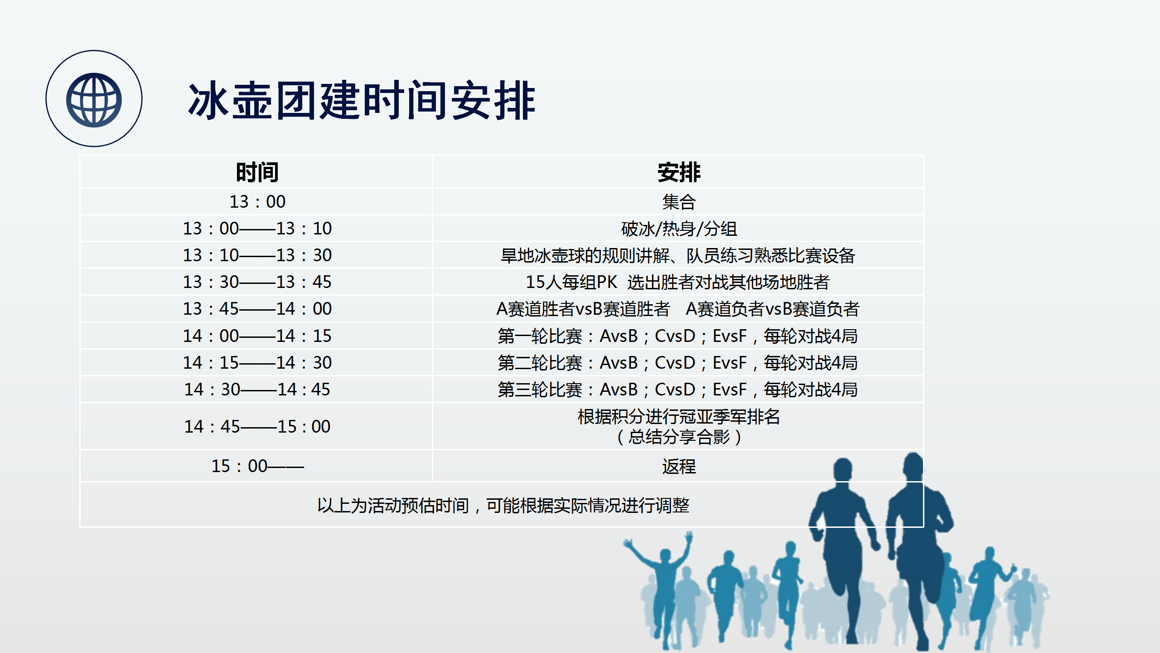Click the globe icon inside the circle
pyautogui.click(x=94, y=100)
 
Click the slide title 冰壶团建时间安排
pyautogui.click(x=362, y=101)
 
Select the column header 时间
pyautogui.click(x=257, y=172)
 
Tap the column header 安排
pyautogui.click(x=679, y=172)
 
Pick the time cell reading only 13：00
pyautogui.click(x=257, y=202)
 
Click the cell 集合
pyautogui.click(x=679, y=202)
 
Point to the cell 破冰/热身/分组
pyautogui.click(x=679, y=229)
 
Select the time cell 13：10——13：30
pyautogui.click(x=257, y=255)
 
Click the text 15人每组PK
pyautogui.click(x=571, y=282)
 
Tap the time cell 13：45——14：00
pyautogui.click(x=257, y=309)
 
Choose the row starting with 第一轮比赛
pyautogui.click(x=678, y=336)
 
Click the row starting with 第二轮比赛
pyautogui.click(x=678, y=363)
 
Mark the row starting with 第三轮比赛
pyautogui.click(x=678, y=390)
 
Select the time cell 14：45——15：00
pyautogui.click(x=257, y=427)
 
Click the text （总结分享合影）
pyautogui.click(x=679, y=437)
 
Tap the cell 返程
pyautogui.click(x=679, y=466)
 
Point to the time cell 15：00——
pyautogui.click(x=257, y=466)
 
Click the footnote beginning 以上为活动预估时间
pyautogui.click(x=503, y=505)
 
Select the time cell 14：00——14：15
pyautogui.click(x=257, y=336)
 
